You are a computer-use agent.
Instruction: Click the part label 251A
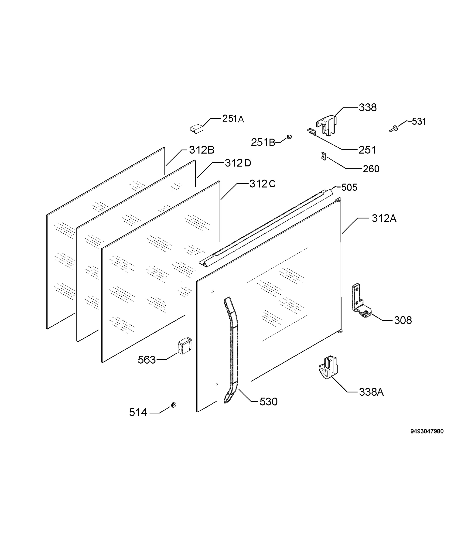point(233,119)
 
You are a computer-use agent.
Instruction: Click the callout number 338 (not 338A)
point(368,107)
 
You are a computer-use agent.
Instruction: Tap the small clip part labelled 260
point(324,156)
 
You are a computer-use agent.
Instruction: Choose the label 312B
point(202,150)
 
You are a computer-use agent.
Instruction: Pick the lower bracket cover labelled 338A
point(328,368)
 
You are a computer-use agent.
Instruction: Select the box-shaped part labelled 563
point(185,346)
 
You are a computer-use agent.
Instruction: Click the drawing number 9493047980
point(427,431)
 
